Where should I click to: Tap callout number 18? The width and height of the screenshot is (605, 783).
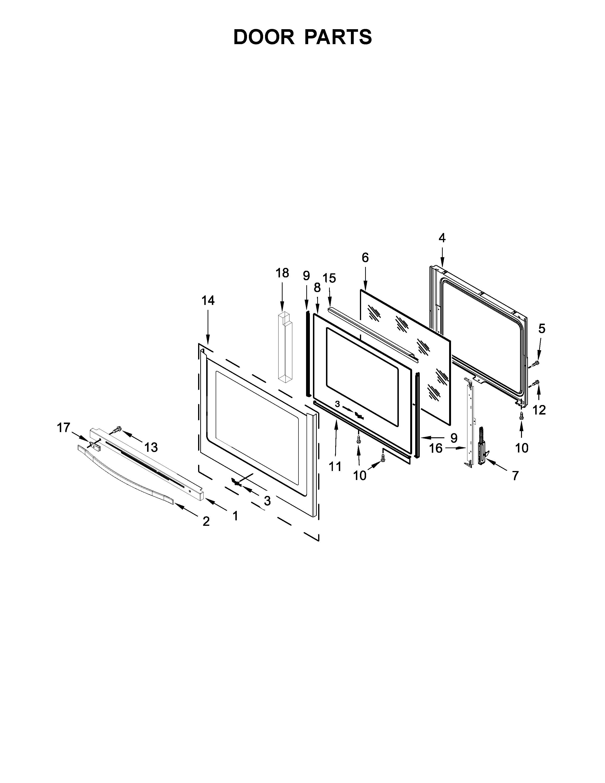282,273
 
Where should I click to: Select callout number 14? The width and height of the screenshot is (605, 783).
208,300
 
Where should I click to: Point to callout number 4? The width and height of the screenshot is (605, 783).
442,238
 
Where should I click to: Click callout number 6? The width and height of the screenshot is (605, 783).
365,257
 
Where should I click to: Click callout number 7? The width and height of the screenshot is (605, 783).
515,476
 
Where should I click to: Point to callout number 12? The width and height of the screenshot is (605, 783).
539,410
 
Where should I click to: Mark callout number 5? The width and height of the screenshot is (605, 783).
542,328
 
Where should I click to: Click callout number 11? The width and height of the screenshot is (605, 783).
335,466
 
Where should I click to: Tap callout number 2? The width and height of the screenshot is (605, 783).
206,521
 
